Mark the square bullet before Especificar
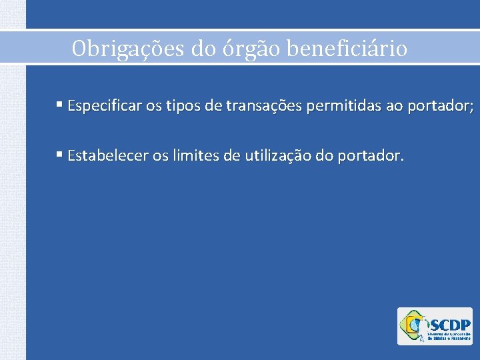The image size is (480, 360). pos(60,105)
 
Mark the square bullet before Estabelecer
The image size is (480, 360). pos(60,155)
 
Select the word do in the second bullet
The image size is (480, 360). pos(321,156)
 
